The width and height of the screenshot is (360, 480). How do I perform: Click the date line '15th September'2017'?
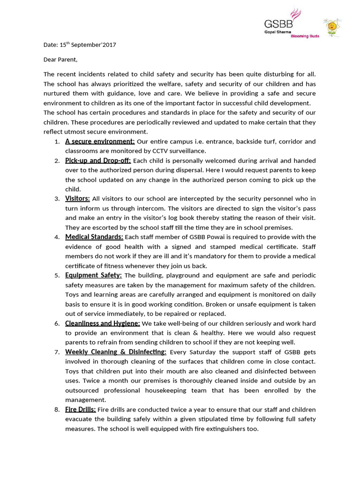[80, 45]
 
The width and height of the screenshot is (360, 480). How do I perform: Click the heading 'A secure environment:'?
[100, 141]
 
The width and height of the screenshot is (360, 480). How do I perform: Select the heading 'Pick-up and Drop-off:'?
[98, 160]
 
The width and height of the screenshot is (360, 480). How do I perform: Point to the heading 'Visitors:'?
[77, 199]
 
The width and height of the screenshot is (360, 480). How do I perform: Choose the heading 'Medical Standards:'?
[94, 237]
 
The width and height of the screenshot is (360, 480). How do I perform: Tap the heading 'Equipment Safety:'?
[93, 275]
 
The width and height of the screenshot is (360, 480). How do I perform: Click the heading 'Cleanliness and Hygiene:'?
[102, 323]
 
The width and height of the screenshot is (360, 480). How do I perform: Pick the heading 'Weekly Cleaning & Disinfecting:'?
[115, 352]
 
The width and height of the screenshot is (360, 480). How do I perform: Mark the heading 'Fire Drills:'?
[80, 409]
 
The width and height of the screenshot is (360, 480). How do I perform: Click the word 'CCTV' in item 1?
[161, 151]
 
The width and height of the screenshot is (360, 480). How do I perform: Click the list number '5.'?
[57, 275]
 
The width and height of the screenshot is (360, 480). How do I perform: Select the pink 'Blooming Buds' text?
[305, 37]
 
